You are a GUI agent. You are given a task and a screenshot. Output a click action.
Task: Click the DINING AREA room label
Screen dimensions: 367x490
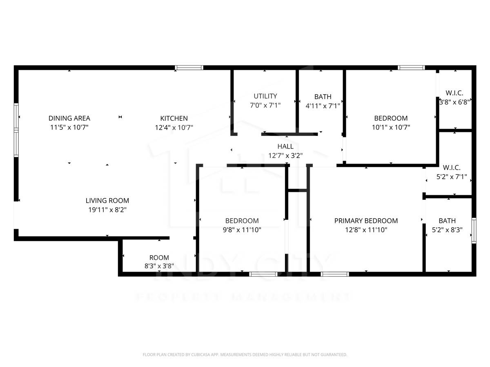(x=69, y=118)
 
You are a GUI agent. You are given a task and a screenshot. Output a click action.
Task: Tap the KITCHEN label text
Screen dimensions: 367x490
(x=174, y=118)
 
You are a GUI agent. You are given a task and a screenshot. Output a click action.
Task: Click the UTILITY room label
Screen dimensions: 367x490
(x=265, y=96)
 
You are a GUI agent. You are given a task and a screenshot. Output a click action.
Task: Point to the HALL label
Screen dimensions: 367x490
(x=285, y=146)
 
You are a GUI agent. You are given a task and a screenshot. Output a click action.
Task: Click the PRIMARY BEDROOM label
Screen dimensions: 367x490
(x=366, y=221)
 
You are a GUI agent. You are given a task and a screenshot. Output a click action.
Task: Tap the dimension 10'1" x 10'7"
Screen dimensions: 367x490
(x=391, y=127)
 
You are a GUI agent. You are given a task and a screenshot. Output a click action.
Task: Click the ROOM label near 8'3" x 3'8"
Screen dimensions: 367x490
(x=159, y=258)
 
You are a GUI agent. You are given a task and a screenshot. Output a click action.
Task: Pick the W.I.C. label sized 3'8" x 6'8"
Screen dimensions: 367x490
(x=454, y=93)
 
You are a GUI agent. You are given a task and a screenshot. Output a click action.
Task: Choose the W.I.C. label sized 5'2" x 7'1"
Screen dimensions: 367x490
(x=452, y=168)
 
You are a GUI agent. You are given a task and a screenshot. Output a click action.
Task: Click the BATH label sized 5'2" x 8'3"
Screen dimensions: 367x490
(x=447, y=221)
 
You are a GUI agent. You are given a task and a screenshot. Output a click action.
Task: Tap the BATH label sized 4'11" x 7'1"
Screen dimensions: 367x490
(x=323, y=97)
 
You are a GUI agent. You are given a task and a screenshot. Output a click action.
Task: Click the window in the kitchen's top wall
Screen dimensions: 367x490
(x=189, y=68)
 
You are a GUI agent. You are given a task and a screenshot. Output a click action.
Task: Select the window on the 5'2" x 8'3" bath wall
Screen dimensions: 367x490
(x=474, y=231)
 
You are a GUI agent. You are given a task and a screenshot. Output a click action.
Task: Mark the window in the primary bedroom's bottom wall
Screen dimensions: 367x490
(x=335, y=274)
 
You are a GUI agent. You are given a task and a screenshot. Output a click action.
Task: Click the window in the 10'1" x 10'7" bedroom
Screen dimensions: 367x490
(x=411, y=68)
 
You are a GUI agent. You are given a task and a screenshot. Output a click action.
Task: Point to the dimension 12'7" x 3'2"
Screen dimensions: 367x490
(x=285, y=155)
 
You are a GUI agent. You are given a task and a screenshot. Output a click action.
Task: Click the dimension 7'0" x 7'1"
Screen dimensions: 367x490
(x=265, y=105)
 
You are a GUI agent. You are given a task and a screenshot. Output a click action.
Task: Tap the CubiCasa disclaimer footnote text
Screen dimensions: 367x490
(x=245, y=355)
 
